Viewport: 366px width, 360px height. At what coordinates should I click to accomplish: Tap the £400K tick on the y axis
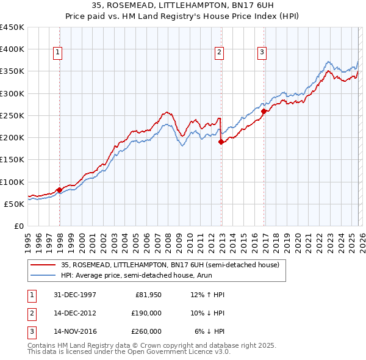tap(12, 49)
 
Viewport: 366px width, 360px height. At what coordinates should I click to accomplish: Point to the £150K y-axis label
tap(12, 160)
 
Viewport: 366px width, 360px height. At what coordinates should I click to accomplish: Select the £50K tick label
tap(15, 204)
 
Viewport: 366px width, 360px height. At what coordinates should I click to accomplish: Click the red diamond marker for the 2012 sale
tap(221, 142)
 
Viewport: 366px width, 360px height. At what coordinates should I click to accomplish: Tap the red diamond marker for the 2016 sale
tap(264, 111)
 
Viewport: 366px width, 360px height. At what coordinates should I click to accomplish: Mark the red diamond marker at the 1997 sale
tap(59, 190)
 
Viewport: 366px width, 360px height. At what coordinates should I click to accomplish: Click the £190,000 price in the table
tap(146, 313)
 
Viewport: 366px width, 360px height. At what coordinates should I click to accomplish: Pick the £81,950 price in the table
tap(148, 295)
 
